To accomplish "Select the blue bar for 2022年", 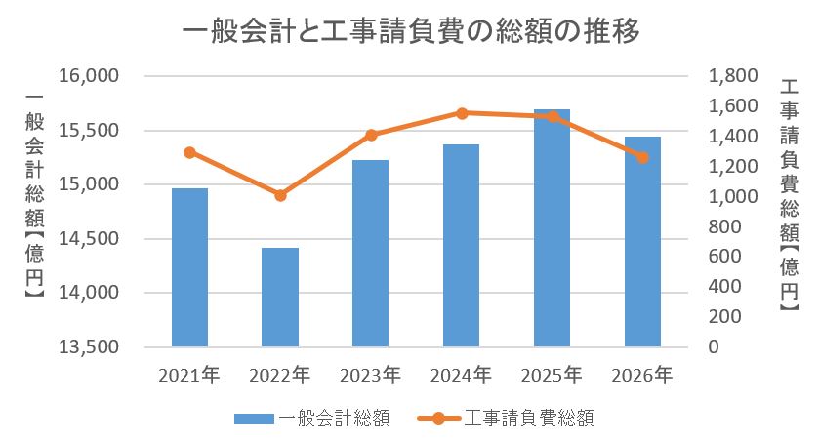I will click(280, 297).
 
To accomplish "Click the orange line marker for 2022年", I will click(280, 195).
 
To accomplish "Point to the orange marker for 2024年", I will click(462, 113).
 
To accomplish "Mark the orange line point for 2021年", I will click(189, 152).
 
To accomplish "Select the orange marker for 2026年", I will click(642, 157).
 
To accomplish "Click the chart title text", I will click(410, 33).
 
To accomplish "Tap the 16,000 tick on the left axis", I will click(89, 76).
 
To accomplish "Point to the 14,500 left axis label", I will click(89, 239).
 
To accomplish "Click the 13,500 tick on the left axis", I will click(89, 347).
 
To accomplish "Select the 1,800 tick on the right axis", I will click(731, 76).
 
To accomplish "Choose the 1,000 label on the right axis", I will click(731, 196).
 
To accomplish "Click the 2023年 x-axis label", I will click(371, 375).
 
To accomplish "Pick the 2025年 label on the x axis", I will click(553, 375).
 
